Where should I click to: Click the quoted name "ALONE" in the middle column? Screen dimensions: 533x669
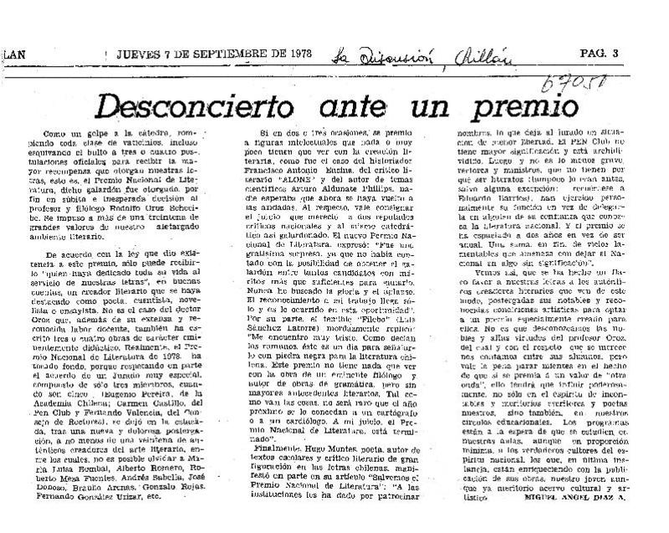point(289,178)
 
